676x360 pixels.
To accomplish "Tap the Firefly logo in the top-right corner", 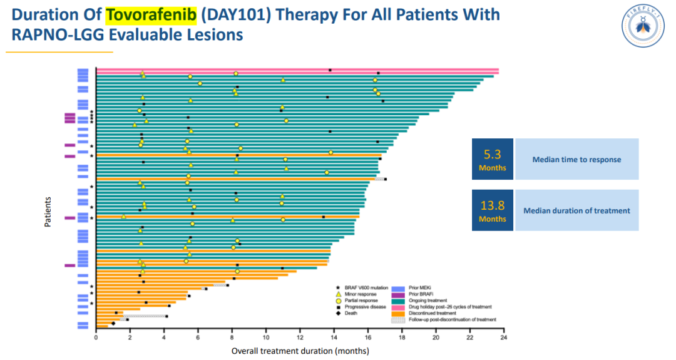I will tap(643, 26).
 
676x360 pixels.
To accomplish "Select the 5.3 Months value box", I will tap(492, 159).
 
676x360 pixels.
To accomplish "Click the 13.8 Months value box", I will tap(492, 210).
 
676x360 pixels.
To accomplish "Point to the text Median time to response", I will tap(576, 160).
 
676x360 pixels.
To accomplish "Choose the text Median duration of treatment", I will tap(576, 211).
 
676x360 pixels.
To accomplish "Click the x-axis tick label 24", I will tap(503, 338).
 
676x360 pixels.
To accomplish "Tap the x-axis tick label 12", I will tap(300, 338).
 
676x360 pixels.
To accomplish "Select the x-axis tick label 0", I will tap(96, 338).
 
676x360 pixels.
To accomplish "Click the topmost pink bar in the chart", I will tap(297, 70).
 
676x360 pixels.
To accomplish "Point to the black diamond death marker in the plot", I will tap(113, 324).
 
